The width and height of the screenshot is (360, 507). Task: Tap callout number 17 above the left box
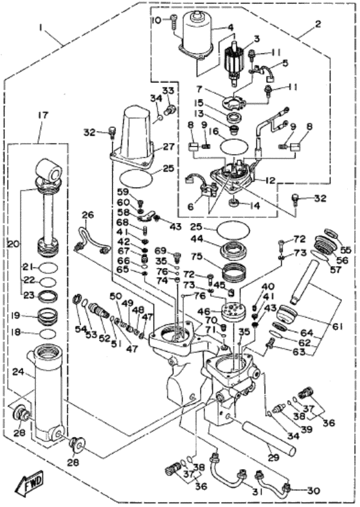(x=43, y=116)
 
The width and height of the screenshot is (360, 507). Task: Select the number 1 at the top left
(x=40, y=28)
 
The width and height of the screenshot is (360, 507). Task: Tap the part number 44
(x=196, y=238)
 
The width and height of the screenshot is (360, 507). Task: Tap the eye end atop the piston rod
(x=48, y=170)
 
